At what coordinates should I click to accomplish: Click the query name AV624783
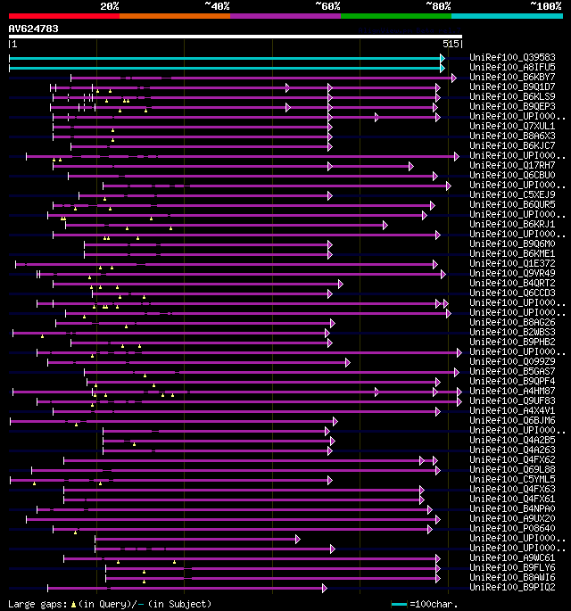[x=34, y=29]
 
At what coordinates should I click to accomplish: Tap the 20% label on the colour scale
[x=110, y=5]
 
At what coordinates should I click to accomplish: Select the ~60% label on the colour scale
[x=327, y=5]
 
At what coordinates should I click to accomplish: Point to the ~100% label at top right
[x=546, y=5]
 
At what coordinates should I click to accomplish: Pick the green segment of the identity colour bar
[x=395, y=15]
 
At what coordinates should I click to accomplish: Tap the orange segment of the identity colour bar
[x=175, y=15]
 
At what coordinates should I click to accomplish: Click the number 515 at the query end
[x=451, y=43]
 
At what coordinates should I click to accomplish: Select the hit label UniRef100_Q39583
[x=513, y=57]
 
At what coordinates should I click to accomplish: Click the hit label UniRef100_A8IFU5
[x=513, y=67]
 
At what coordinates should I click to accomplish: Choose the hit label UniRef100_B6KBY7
[x=513, y=77]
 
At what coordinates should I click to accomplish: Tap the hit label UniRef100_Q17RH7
[x=513, y=165]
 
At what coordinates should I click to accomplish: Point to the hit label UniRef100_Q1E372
[x=513, y=263]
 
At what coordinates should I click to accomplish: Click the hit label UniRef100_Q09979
[x=513, y=361]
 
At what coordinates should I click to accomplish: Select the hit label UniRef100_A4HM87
[x=513, y=391]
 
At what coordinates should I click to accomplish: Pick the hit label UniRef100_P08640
[x=513, y=528]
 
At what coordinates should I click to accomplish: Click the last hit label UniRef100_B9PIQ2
[x=513, y=587]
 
